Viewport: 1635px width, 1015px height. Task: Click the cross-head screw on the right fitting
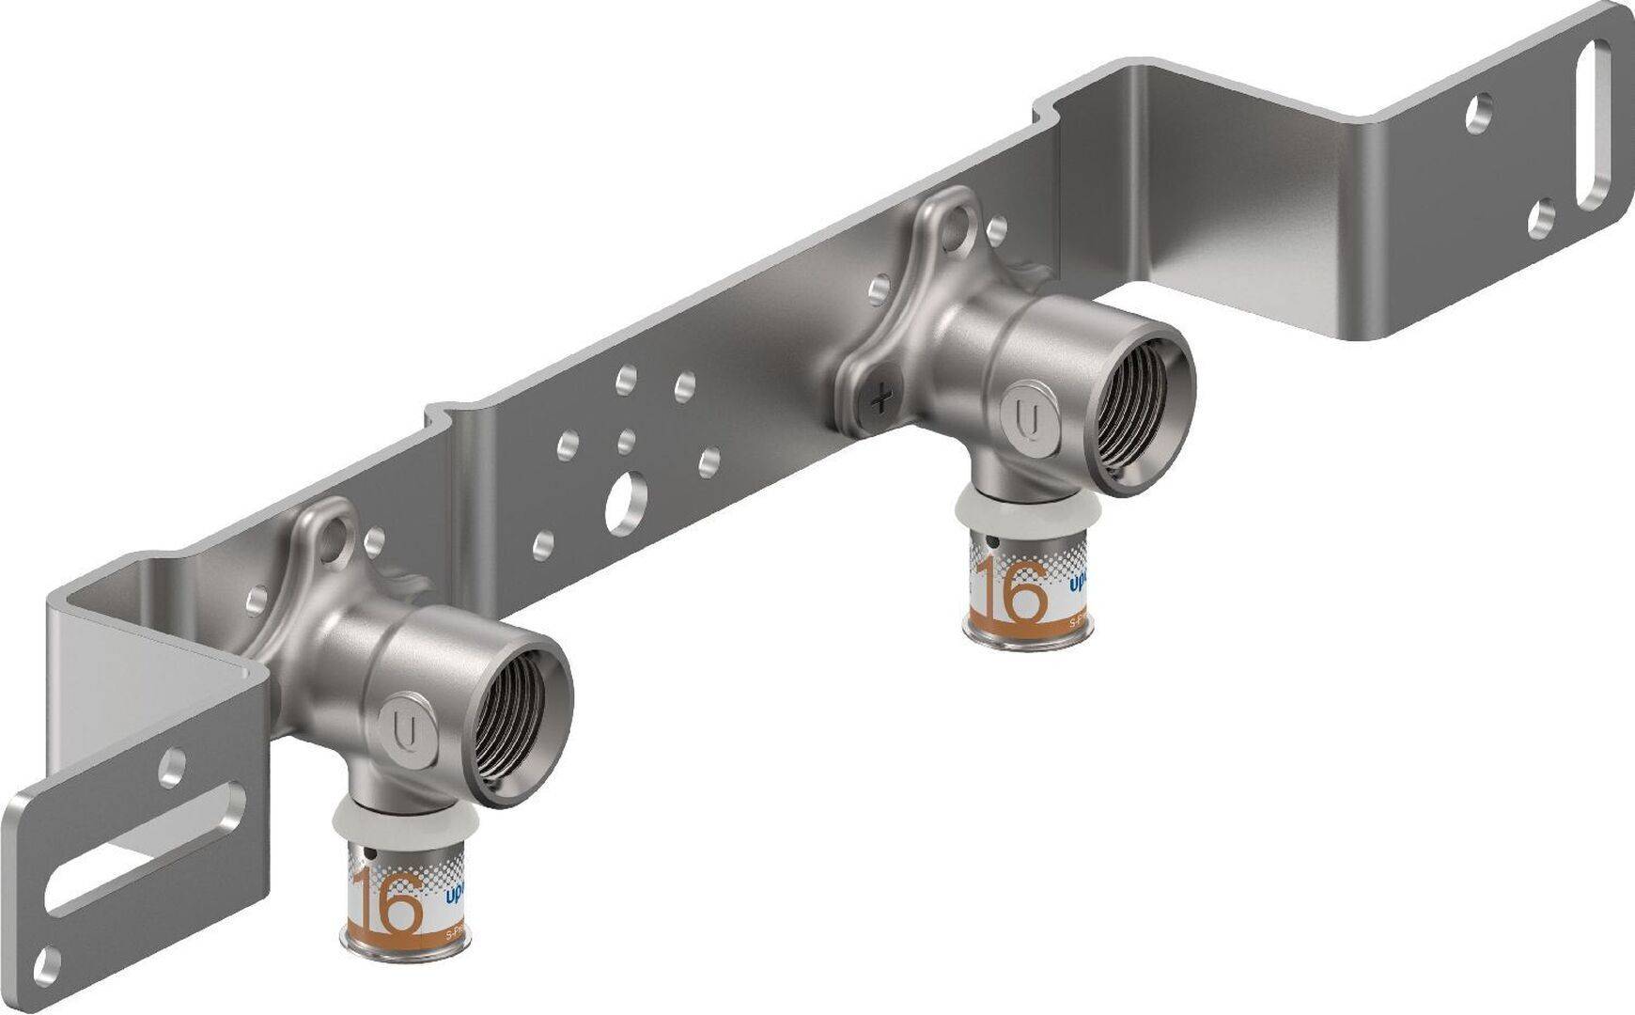(x=880, y=402)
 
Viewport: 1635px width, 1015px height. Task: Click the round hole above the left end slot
(x=173, y=766)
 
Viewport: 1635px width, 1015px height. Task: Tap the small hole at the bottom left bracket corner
(x=45, y=961)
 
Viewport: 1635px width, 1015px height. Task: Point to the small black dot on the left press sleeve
(x=373, y=855)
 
